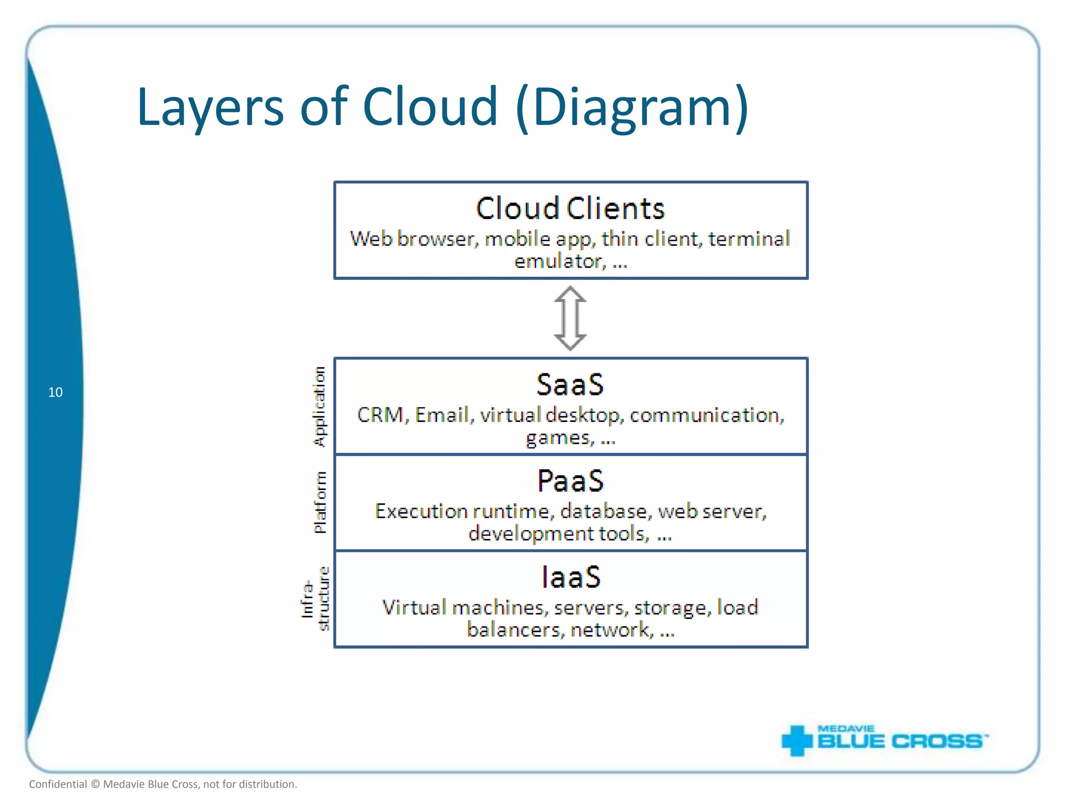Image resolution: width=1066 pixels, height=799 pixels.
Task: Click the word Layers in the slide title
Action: tap(210, 108)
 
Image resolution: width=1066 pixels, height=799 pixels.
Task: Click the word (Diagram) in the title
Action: tap(632, 108)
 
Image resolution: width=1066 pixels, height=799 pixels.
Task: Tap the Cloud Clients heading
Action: tap(570, 209)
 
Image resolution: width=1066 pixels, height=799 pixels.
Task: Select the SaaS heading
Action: tap(570, 385)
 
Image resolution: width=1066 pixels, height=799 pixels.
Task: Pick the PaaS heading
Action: tap(570, 481)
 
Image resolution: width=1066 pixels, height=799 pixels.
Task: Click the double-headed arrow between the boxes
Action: tap(570, 318)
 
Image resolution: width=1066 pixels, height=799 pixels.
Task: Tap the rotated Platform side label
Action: tap(320, 502)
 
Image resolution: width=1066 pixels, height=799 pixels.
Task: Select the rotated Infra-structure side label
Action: tap(316, 599)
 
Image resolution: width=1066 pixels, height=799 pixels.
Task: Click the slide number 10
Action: tap(55, 392)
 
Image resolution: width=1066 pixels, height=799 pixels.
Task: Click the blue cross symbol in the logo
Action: tap(796, 740)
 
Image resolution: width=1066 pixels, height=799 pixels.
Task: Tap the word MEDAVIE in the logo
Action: tap(846, 729)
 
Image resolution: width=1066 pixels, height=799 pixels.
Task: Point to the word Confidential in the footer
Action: tap(58, 784)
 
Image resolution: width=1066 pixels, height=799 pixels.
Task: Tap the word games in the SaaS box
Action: tap(560, 438)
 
